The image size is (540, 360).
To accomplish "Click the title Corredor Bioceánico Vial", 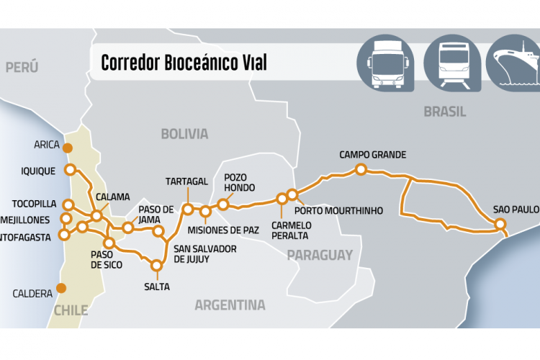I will pos(184,63).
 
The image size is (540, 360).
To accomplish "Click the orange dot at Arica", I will pos(67,148).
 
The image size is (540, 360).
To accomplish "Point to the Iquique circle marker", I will pos(70,170).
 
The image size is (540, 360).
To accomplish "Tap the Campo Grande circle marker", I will pos(361,169).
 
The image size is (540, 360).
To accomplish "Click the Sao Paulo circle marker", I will pos(501,225).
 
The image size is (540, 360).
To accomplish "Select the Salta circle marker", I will pos(156,265).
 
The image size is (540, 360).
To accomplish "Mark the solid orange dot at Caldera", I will pos(61,288).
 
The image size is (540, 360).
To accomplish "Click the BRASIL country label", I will pos(444,112).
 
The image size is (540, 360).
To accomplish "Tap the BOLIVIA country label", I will pos(184,134).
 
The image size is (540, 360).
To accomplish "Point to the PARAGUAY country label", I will pos(320,255).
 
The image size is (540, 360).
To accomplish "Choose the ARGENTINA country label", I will pos(230,305).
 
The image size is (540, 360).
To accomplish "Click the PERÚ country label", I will pos(22,68).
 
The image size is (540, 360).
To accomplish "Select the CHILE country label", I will pos(71,311).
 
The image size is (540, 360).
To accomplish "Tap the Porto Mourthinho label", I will pos(338,210).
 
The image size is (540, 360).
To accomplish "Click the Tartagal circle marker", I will pos(187,210).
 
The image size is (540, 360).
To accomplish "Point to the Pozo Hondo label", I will pos(239,181).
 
